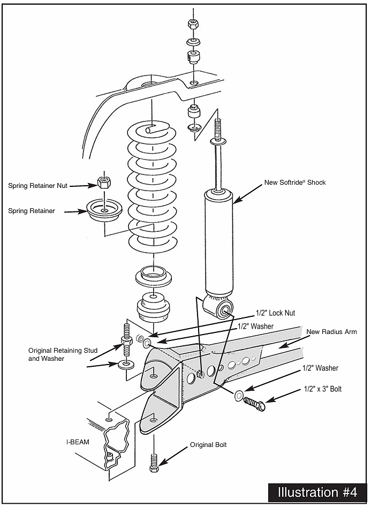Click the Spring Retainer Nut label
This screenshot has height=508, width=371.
pos(37,186)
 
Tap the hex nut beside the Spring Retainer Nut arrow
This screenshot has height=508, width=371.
pos(104,183)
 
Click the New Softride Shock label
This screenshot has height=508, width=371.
pos(295,183)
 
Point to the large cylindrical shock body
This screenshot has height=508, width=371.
pos(219,243)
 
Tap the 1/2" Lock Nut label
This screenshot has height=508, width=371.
pos(275,313)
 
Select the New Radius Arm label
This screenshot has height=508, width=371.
pos(331,332)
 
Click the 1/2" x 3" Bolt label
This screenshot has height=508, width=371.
pos(323,389)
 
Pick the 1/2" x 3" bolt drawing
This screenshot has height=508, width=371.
pos(255,404)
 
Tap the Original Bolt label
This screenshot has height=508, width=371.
pos(208,445)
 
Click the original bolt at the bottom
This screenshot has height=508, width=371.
pos(154,464)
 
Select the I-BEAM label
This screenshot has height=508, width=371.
pos(78,442)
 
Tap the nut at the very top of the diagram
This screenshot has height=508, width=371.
pos(193,24)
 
